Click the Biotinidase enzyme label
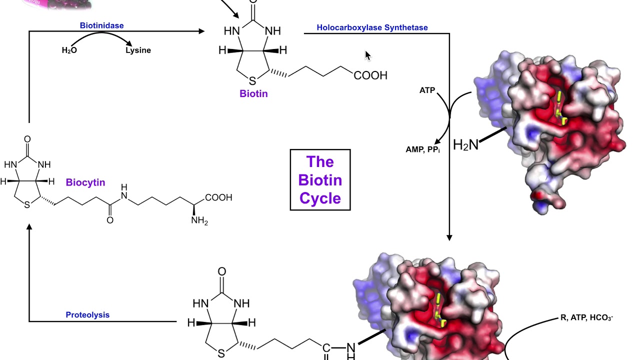(101, 25)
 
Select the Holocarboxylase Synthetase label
(372, 27)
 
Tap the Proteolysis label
(87, 315)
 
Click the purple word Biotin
(253, 93)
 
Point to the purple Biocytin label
(85, 182)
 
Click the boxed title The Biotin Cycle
(320, 180)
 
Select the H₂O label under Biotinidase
(69, 50)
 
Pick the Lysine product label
(138, 50)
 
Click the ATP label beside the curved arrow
(427, 90)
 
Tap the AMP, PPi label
(422, 149)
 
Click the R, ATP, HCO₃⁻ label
(586, 318)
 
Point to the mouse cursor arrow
(367, 55)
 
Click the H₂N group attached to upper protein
(465, 145)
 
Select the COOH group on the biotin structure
(370, 75)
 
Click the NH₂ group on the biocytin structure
(199, 220)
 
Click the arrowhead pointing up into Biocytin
(29, 228)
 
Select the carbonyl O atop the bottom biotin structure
(221, 272)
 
